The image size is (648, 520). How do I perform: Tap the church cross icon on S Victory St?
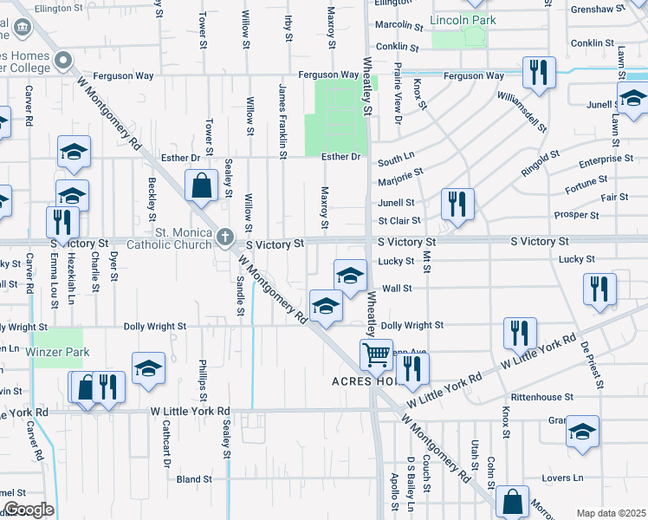[x=225, y=237]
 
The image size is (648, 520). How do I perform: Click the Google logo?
[x=28, y=510]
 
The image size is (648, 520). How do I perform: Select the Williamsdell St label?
[x=522, y=110]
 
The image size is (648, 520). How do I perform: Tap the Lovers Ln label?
[x=564, y=478]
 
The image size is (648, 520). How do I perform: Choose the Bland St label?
[x=194, y=478]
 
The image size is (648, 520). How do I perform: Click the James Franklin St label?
[x=282, y=120]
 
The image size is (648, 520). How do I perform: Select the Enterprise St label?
[x=606, y=159]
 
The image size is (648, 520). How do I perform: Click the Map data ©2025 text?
[x=611, y=513]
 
